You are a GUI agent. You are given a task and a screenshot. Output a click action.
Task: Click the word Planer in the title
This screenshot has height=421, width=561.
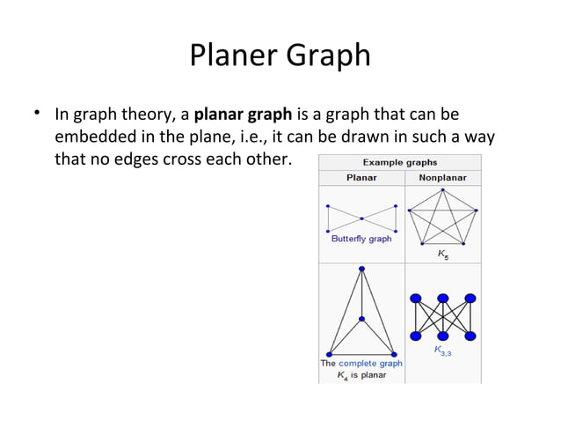tap(231, 56)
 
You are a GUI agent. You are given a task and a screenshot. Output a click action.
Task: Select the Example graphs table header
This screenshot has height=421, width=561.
tap(400, 162)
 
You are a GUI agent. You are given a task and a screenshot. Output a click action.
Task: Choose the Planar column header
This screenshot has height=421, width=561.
tap(361, 177)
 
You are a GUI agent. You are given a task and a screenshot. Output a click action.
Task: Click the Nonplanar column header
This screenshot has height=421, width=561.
tap(442, 177)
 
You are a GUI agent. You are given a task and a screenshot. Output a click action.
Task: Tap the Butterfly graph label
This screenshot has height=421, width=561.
tap(361, 239)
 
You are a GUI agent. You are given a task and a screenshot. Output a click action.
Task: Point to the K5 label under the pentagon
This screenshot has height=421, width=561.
tap(443, 254)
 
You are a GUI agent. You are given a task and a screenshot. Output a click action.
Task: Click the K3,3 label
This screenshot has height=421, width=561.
tap(442, 351)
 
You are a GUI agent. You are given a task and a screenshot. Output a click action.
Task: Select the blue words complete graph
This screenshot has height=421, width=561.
tap(370, 363)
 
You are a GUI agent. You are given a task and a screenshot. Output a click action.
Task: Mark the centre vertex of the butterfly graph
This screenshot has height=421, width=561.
tap(361, 218)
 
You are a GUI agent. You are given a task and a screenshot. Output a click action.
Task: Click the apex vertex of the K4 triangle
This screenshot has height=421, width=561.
tap(361, 270)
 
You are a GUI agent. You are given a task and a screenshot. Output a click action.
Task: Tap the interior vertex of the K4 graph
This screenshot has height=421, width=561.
tap(361, 318)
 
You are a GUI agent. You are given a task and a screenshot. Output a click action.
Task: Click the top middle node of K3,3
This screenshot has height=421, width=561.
tap(442, 298)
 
